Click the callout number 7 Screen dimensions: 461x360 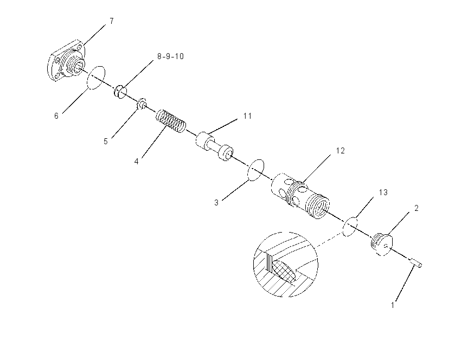[x=111, y=21]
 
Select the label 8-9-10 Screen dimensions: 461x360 [x=170, y=56]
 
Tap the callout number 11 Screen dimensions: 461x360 [x=247, y=116]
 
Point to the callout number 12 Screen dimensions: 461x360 [x=340, y=151]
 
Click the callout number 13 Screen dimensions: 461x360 [x=383, y=192]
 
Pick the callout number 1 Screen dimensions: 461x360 [x=393, y=305]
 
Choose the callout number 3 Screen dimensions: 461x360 [x=216, y=203]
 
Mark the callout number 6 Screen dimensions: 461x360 [x=56, y=116]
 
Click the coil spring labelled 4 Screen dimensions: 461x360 [x=171, y=121]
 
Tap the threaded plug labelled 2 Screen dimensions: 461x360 [x=381, y=244]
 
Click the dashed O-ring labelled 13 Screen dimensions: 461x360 [x=350, y=227]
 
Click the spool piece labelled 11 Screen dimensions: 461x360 [x=215, y=146]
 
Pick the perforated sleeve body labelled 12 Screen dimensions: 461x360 [x=300, y=196]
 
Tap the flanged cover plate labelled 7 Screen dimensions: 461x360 [x=67, y=60]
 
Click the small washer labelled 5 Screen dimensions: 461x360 [x=142, y=104]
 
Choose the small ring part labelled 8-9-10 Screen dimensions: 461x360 [x=120, y=92]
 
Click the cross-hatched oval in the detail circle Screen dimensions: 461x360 [x=284, y=271]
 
